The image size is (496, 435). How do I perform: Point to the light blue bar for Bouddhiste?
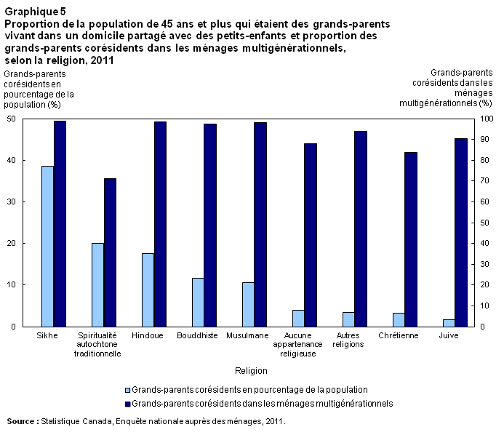click(x=198, y=302)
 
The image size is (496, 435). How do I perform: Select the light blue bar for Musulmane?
click(x=248, y=304)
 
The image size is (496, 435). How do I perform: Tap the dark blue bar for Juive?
click(x=461, y=232)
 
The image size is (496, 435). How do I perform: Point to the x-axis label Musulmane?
click(x=247, y=335)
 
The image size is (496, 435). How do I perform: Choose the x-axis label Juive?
click(x=448, y=335)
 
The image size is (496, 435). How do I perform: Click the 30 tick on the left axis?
click(x=12, y=202)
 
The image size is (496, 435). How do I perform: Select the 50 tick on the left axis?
click(x=12, y=119)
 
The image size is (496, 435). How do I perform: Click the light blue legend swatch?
click(x=128, y=390)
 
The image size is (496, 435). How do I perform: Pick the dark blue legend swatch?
click(x=128, y=402)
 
